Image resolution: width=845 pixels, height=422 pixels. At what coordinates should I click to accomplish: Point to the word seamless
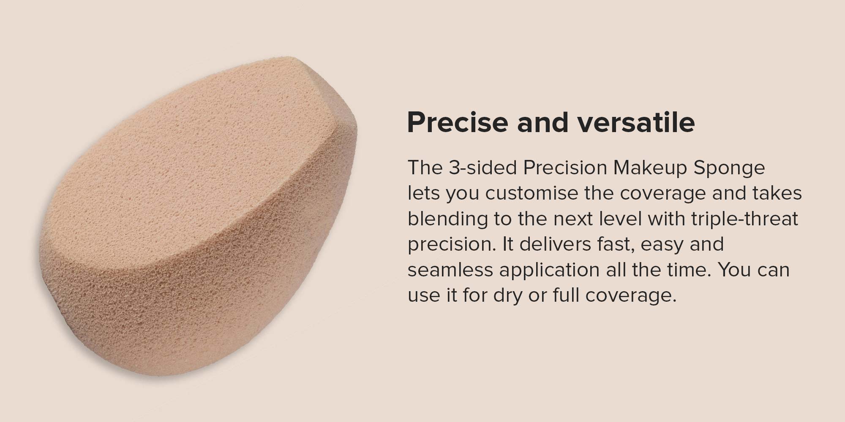pos(450,269)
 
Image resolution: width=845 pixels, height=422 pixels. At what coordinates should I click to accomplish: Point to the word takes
pos(778,193)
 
